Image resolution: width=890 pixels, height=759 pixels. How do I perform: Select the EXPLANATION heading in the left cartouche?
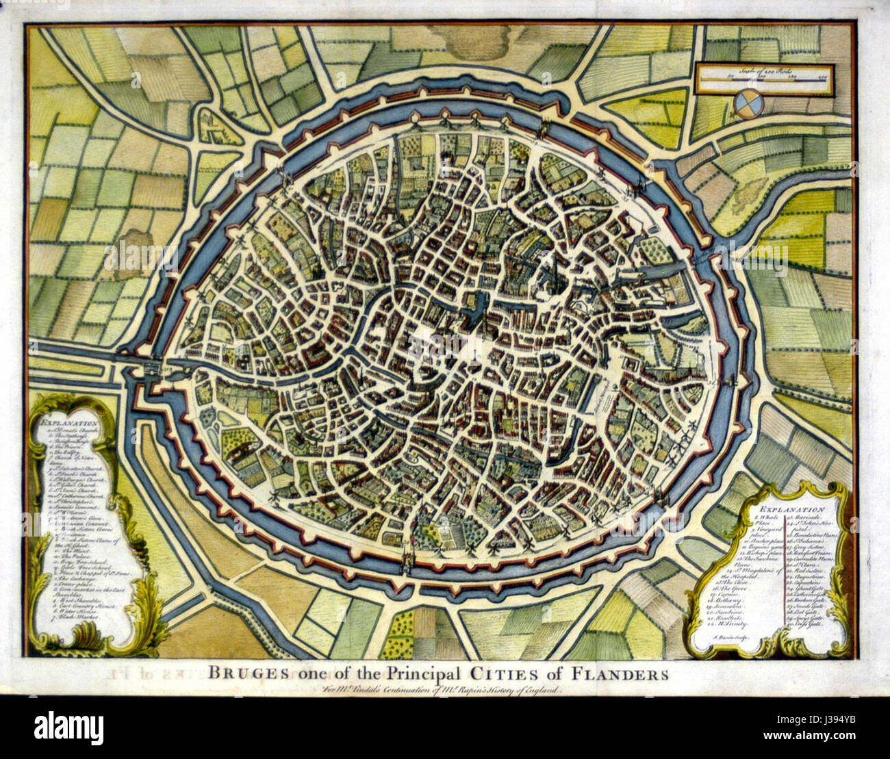pos(66,424)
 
